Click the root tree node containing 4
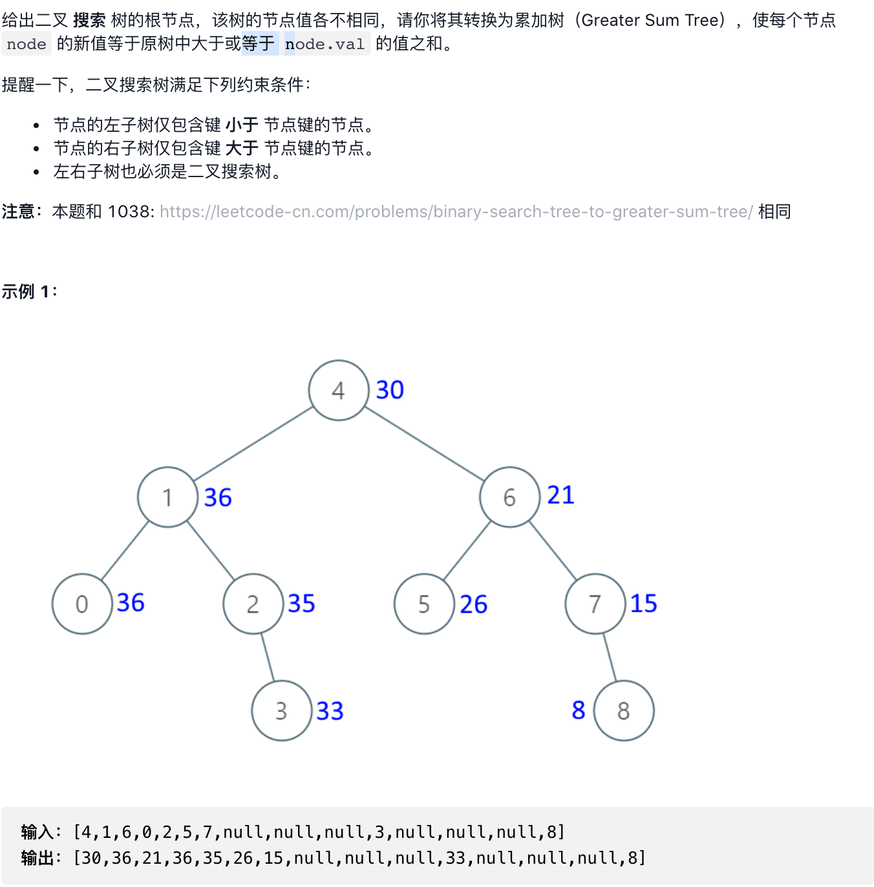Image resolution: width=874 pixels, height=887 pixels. [339, 390]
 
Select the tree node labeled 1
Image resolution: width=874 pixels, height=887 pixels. [167, 497]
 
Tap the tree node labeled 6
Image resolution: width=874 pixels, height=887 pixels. [509, 497]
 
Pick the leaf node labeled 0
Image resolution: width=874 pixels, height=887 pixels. [82, 604]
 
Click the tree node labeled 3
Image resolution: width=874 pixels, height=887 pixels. [281, 711]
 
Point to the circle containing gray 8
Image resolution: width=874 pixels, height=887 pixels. [623, 711]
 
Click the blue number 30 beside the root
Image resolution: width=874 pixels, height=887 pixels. [390, 390]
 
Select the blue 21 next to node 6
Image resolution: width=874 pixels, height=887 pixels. [560, 495]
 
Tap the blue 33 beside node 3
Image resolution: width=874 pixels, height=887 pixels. [330, 711]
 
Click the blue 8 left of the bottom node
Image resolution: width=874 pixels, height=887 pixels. [579, 710]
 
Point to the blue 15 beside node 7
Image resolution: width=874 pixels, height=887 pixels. [643, 603]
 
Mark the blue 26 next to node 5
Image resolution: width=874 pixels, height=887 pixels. [473, 604]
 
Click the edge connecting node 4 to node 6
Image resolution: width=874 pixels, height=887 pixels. [424, 443]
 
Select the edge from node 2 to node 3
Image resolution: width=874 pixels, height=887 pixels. [268, 657]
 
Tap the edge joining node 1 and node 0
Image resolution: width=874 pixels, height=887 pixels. [125, 551]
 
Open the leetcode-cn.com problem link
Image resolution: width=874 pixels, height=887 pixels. [456, 212]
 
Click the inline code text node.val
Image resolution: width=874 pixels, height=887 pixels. [325, 44]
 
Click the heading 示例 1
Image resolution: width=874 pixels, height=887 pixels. [29, 292]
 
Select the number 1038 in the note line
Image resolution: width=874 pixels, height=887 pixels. [129, 212]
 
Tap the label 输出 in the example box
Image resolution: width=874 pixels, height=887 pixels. [37, 858]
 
